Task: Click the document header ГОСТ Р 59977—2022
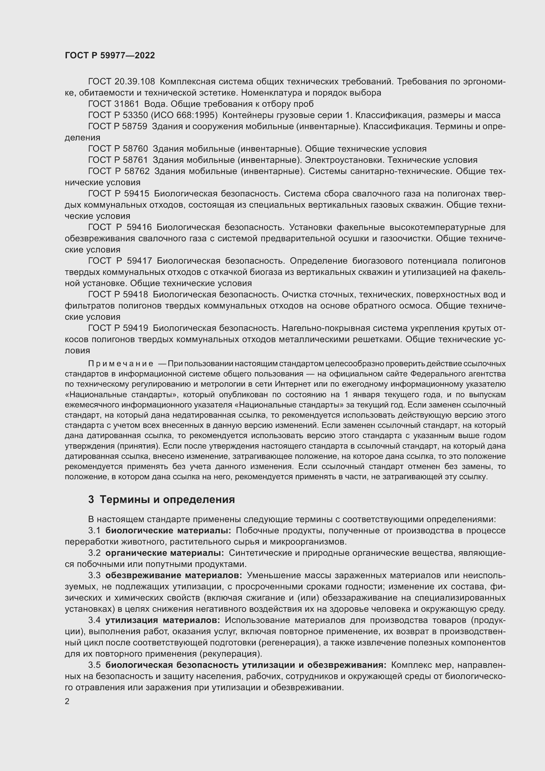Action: (110, 55)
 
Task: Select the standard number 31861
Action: (127, 104)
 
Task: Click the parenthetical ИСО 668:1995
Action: (184, 115)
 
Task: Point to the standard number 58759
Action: (135, 127)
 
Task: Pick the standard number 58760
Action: (135, 149)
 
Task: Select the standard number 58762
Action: (137, 171)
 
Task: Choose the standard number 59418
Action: (135, 294)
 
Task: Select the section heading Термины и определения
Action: (167, 499)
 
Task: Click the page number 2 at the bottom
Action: (67, 701)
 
